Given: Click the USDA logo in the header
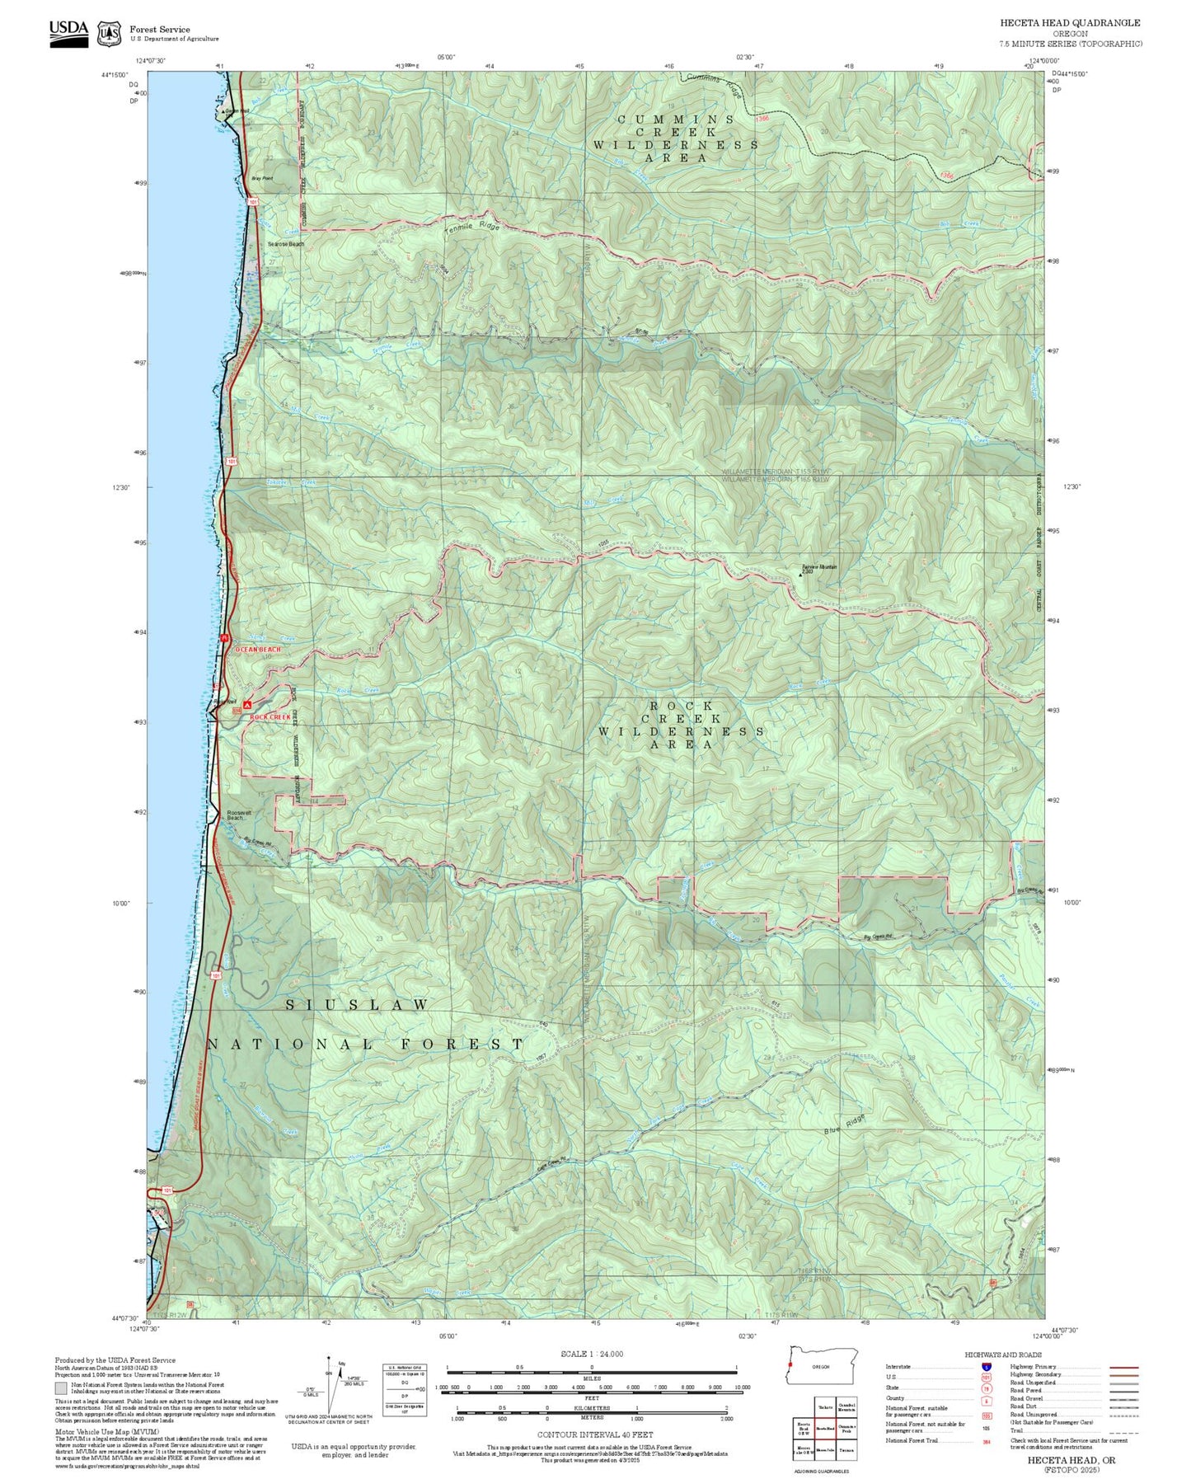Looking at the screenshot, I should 68,32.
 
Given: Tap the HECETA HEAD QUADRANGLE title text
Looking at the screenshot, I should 1070,23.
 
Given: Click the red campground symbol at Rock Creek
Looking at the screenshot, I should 247,706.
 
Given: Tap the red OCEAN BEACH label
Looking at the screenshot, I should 257,650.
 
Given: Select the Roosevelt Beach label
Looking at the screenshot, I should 239,815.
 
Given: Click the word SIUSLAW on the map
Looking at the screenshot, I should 357,1004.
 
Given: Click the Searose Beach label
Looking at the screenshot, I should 285,244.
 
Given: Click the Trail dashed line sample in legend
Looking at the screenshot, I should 1123,1432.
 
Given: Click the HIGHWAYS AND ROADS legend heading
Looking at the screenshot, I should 1003,1355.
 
